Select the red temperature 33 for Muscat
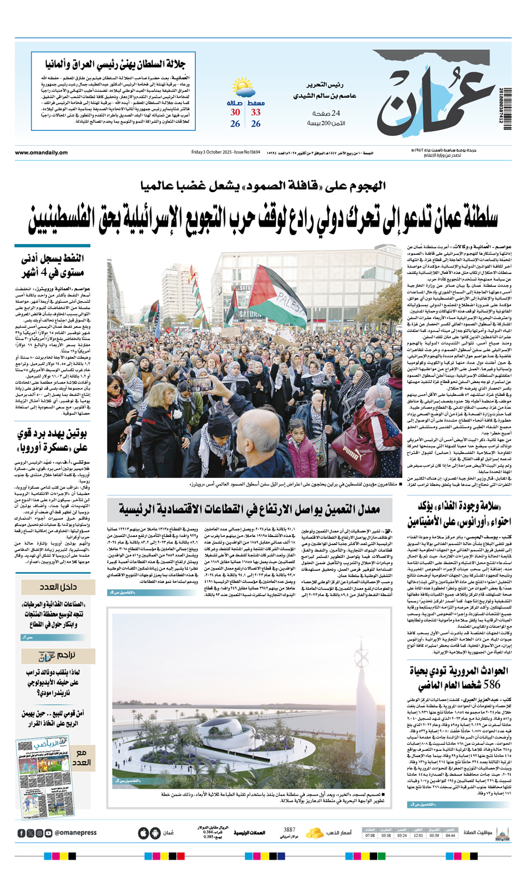click(256, 112)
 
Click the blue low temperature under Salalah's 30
click(235, 124)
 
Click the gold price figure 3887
click(289, 830)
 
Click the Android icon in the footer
click(155, 833)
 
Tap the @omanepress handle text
click(76, 833)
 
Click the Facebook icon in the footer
click(22, 833)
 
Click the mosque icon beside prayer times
click(502, 833)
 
